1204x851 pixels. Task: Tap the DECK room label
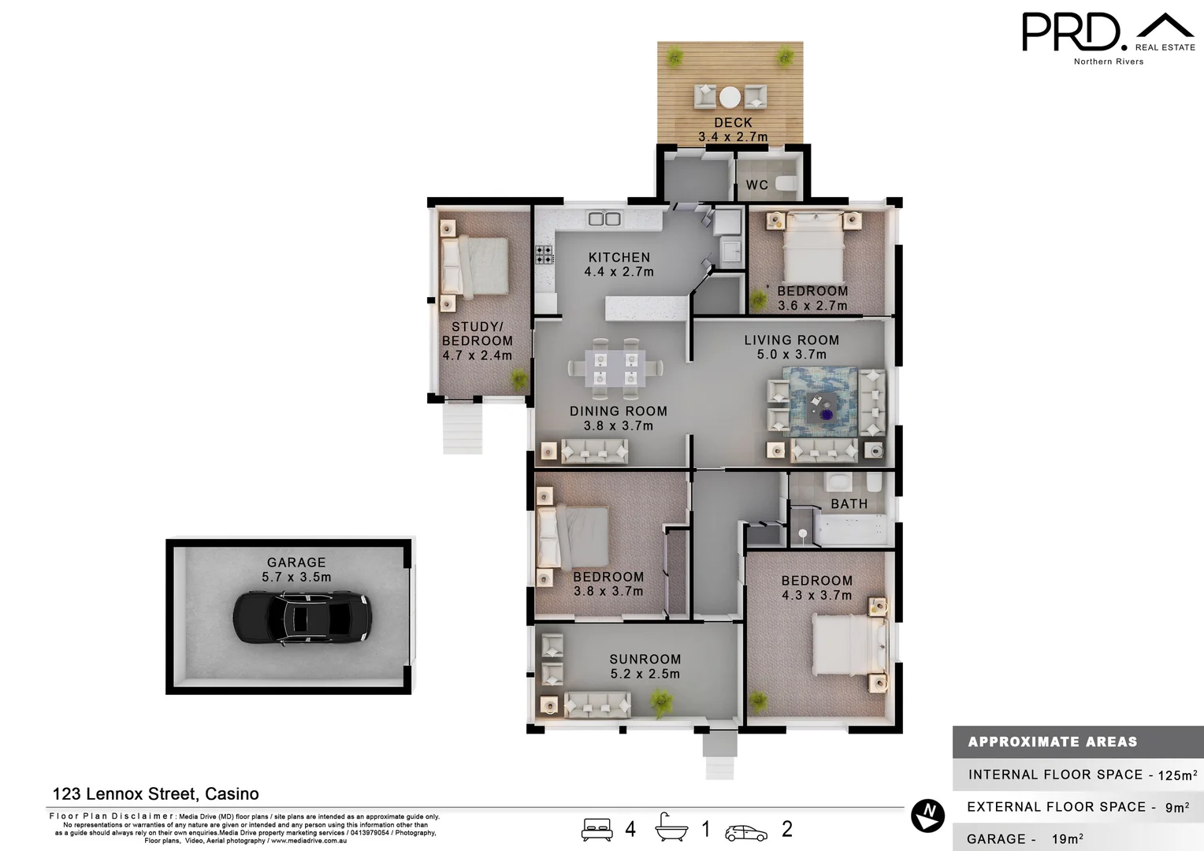click(x=733, y=123)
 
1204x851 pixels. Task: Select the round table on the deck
click(x=730, y=97)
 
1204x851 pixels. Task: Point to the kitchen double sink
click(x=604, y=218)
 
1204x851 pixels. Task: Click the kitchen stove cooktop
click(x=544, y=255)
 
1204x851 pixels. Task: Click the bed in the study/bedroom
click(x=473, y=265)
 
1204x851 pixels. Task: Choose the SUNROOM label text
click(x=645, y=660)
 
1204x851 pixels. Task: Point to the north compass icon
click(x=927, y=816)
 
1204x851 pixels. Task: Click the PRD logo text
click(x=1071, y=32)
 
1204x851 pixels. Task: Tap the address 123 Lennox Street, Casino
click(x=155, y=794)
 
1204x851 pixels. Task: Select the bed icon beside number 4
click(x=596, y=830)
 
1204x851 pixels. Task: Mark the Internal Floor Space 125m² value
click(x=1177, y=775)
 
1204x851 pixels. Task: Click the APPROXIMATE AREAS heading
click(x=1052, y=742)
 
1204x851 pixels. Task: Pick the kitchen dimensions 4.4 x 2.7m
click(x=619, y=272)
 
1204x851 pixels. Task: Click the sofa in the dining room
click(x=594, y=451)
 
